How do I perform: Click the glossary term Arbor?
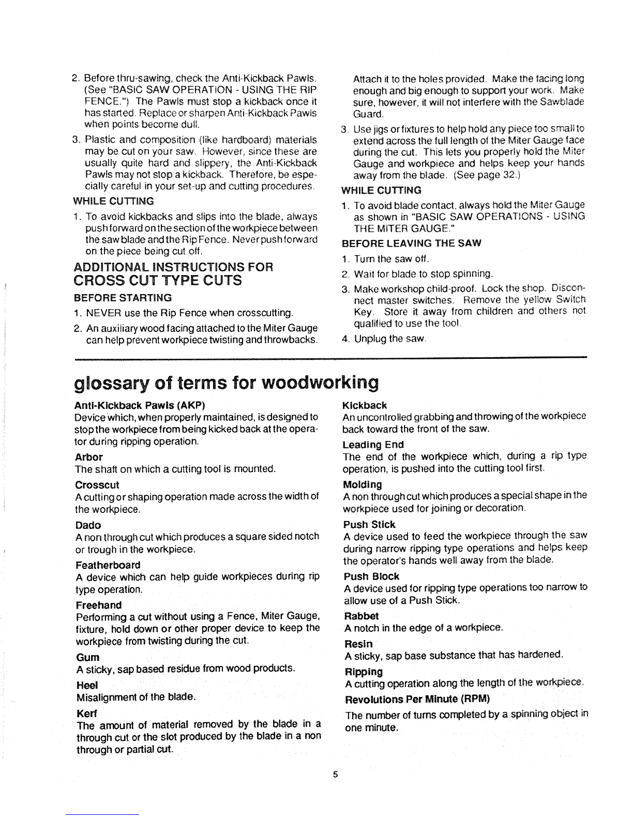pos(89,457)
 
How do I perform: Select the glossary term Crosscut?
pos(97,485)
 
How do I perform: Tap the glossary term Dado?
pos(88,525)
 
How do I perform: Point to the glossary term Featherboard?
pos(108,565)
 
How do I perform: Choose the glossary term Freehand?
pos(99,605)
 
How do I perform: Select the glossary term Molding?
pos(362,485)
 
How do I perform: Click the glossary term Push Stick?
pos(369,525)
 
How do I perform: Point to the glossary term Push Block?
pos(371,576)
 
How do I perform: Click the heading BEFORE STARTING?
pos(123,298)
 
